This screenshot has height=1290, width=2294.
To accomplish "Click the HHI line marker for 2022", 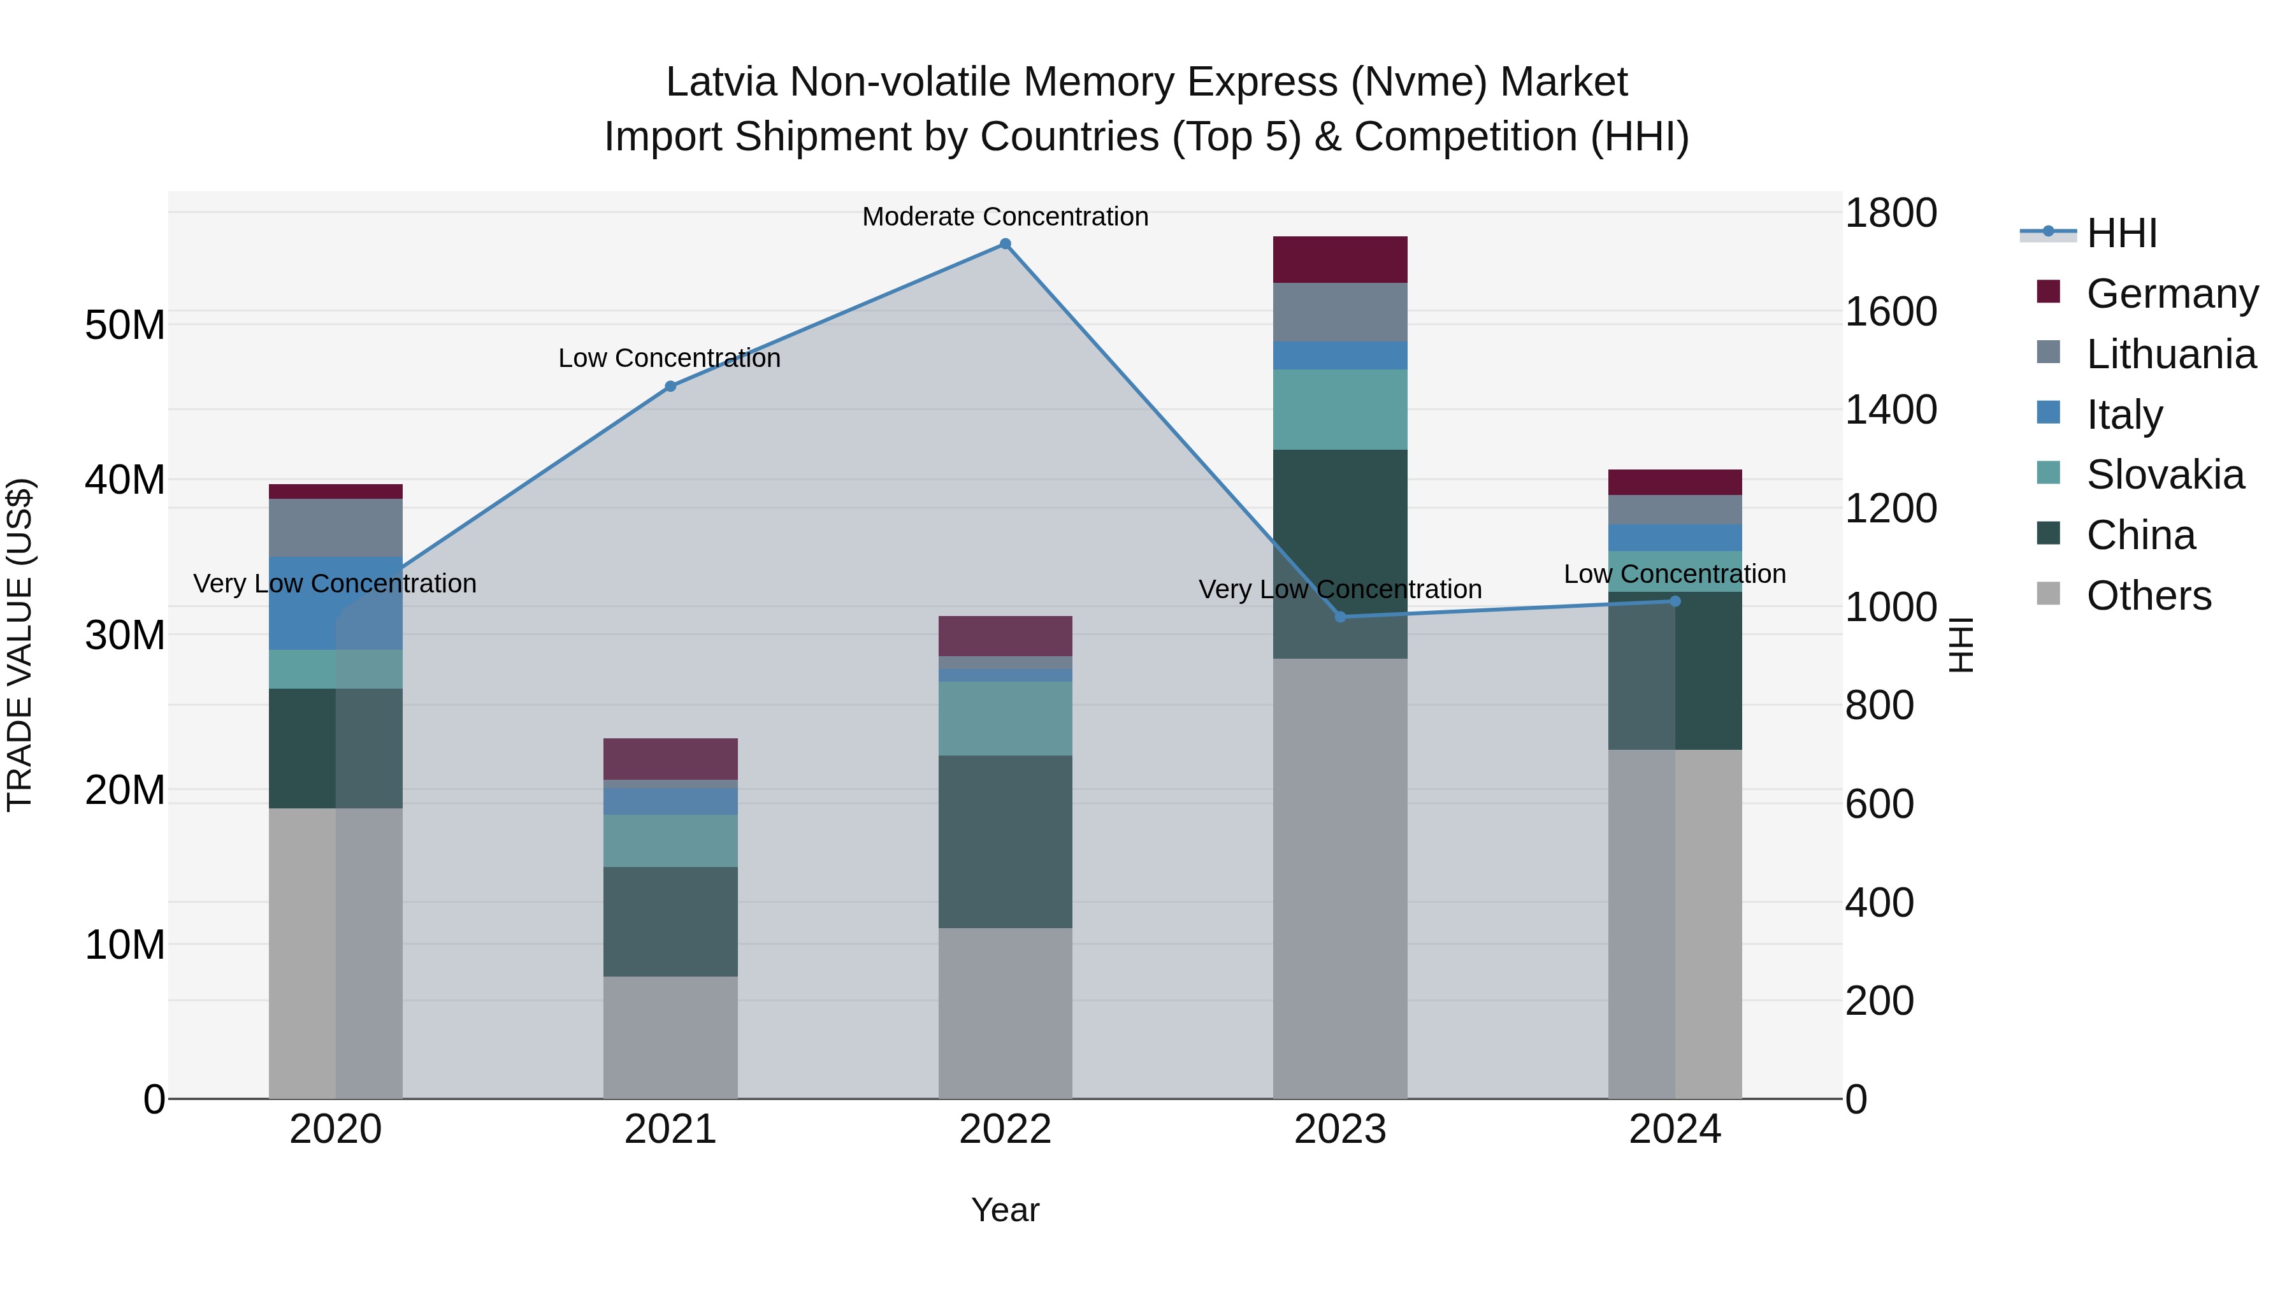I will [1006, 244].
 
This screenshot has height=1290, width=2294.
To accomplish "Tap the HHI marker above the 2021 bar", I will [670, 387].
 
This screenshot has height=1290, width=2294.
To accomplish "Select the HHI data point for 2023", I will [1340, 617].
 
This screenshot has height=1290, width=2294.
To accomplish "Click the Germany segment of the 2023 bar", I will [1340, 260].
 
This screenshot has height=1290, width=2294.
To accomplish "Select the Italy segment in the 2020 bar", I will [336, 604].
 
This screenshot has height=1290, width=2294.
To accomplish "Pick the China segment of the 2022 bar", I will [1006, 842].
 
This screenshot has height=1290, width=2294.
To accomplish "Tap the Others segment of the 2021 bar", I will [670, 1038].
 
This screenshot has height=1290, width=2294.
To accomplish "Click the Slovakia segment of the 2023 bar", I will [1340, 410].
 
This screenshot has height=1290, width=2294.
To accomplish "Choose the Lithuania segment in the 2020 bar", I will [336, 528].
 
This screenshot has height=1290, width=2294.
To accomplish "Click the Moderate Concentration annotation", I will [1006, 217].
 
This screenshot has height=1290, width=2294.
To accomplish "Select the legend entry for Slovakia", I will [2164, 475].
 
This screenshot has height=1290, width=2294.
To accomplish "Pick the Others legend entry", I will [2148, 596].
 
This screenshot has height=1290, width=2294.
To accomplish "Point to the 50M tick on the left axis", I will [125, 326].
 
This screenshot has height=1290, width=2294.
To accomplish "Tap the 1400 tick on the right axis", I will [1891, 410].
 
